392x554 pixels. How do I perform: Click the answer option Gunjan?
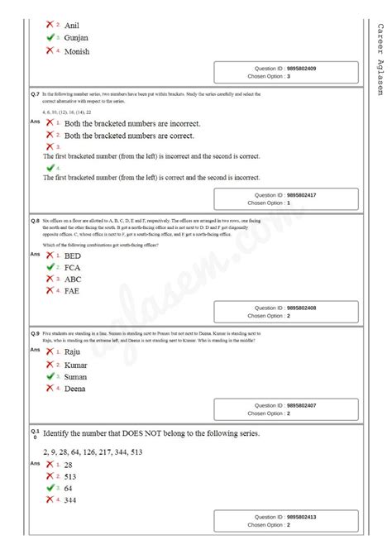point(77,38)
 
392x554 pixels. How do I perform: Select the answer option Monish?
point(77,52)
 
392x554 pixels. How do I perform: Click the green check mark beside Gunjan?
point(50,37)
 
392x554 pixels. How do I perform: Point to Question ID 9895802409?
point(285,68)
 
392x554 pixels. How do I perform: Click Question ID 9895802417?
point(285,195)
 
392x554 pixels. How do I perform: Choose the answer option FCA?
point(74,268)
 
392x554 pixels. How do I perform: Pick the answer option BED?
point(74,256)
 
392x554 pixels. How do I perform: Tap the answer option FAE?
point(74,291)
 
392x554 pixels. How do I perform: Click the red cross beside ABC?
point(50,279)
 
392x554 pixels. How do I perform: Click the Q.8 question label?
point(36,222)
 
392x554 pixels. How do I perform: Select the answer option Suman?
point(76,376)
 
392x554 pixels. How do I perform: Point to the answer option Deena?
point(75,388)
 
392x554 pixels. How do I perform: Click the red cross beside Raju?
point(50,351)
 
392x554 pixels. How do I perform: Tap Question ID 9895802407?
point(285,406)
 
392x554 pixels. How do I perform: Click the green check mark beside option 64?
point(50,488)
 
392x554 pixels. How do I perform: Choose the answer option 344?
point(72,500)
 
